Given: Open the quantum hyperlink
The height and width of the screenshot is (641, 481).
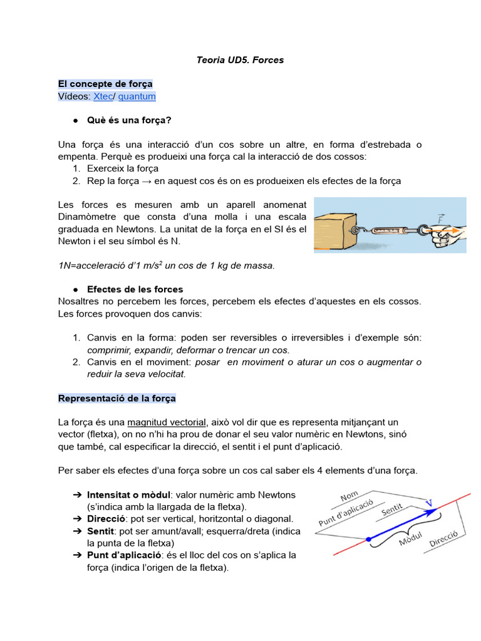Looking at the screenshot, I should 137,96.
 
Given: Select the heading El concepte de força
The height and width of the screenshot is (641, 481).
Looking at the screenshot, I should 105,84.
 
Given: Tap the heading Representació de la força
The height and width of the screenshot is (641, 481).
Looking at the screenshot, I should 117,398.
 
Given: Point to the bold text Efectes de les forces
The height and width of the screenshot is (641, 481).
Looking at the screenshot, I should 135,289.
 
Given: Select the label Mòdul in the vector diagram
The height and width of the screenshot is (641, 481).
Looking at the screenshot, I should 411,538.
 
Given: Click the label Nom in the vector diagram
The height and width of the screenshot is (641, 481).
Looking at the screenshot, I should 349,496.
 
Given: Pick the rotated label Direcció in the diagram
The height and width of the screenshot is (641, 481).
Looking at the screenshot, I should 443,540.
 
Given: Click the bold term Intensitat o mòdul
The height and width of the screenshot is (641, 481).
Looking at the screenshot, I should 128,495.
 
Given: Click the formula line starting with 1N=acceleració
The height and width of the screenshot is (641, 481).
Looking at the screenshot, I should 166,265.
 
